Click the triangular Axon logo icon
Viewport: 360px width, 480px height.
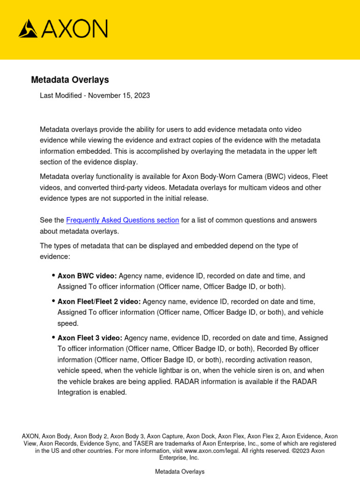(29, 29)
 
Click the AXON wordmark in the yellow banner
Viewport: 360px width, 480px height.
(74, 29)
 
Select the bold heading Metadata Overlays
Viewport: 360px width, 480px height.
(70, 80)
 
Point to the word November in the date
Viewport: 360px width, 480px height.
(105, 95)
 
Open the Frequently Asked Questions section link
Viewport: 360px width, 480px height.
(122, 220)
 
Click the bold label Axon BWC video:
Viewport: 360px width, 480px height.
(87, 276)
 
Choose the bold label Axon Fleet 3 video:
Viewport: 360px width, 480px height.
(90, 337)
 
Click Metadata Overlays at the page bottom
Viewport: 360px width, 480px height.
(180, 472)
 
